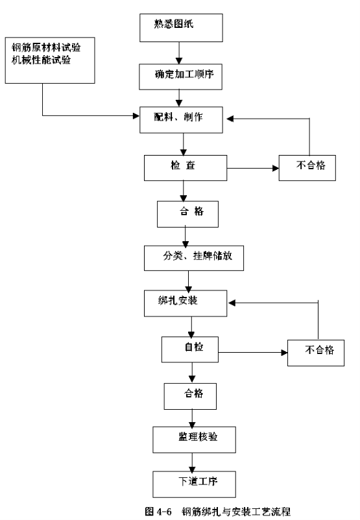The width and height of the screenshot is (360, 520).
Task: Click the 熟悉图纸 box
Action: point(181,28)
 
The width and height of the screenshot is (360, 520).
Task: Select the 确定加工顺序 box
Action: point(180,77)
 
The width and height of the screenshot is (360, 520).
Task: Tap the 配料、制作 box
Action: point(181,120)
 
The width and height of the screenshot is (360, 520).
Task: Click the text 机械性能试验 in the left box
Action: point(41,60)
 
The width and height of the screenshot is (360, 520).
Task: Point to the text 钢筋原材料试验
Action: point(46,47)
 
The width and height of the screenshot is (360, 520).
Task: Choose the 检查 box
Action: point(186,168)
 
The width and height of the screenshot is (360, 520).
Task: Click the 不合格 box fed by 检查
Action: point(307,168)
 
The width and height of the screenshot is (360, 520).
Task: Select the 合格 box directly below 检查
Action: point(188,214)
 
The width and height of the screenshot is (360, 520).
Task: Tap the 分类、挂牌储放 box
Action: point(194,258)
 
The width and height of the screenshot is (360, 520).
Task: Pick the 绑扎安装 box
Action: point(186,303)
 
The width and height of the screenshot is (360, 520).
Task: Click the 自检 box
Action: point(190,349)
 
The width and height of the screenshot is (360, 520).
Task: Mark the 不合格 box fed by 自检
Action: point(316,353)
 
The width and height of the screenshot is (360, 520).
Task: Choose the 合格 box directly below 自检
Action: point(190,396)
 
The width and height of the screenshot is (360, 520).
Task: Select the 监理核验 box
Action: point(194,440)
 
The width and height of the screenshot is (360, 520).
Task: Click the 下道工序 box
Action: point(194,484)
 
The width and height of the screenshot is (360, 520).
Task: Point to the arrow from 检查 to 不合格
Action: point(253,168)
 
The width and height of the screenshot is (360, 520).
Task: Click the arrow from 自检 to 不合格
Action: point(253,353)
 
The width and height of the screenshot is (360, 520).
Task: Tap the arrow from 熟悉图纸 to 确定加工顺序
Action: point(179,53)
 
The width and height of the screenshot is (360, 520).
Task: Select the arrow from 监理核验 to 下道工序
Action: point(192,462)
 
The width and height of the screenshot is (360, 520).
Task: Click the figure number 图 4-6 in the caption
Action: point(158,512)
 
